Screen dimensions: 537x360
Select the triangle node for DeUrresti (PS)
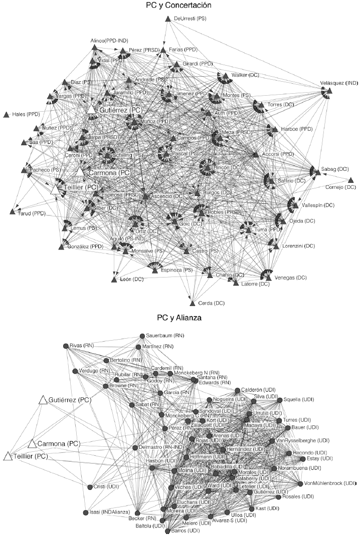[168, 19]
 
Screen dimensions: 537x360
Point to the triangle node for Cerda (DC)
[192, 303]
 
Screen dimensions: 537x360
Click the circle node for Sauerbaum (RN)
[142, 336]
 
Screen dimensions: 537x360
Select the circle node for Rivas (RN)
[65, 346]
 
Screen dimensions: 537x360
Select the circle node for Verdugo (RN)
[75, 371]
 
